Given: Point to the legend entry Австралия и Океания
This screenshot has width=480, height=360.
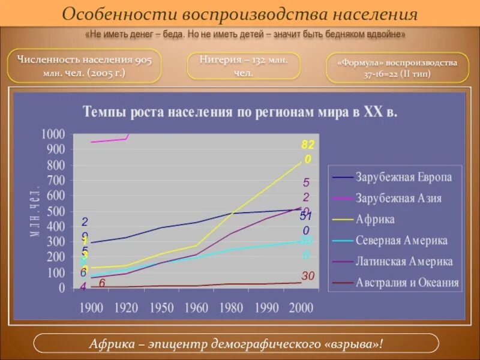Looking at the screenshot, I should coord(407,283).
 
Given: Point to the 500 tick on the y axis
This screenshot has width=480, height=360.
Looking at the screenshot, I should coord(56,211).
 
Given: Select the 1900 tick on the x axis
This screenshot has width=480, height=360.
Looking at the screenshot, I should coord(91,308).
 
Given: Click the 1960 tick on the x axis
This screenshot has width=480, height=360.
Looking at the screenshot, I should coord(196,308).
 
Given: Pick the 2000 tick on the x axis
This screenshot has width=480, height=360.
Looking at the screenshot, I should coord(301,308).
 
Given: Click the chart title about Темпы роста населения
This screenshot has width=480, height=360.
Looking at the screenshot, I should coord(240,112).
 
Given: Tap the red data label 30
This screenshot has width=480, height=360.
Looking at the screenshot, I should coord(308,276).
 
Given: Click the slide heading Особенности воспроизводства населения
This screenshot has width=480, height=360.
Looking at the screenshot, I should coord(240,13).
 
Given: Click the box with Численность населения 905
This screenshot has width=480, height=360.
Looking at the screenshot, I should coord(85,66).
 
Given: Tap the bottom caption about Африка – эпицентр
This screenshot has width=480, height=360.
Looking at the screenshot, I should coord(236,344).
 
